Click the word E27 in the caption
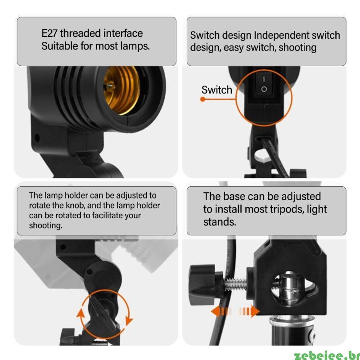pyautogui.click(x=49, y=33)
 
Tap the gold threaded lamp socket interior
pyautogui.click(x=121, y=90)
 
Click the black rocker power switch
pyautogui.click(x=264, y=85)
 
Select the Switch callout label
pyautogui.click(x=217, y=90)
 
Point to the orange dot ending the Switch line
pyautogui.click(x=202, y=99)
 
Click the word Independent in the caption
pyautogui.click(x=281, y=36)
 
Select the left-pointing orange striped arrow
pyautogui.click(x=221, y=312)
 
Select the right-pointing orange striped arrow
pyautogui.click(x=249, y=312)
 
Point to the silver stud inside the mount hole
pyautogui.click(x=289, y=288)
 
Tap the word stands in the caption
pyautogui.click(x=220, y=222)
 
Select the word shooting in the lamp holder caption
pyautogui.click(x=45, y=226)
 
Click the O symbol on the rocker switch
pyautogui.click(x=264, y=89)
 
